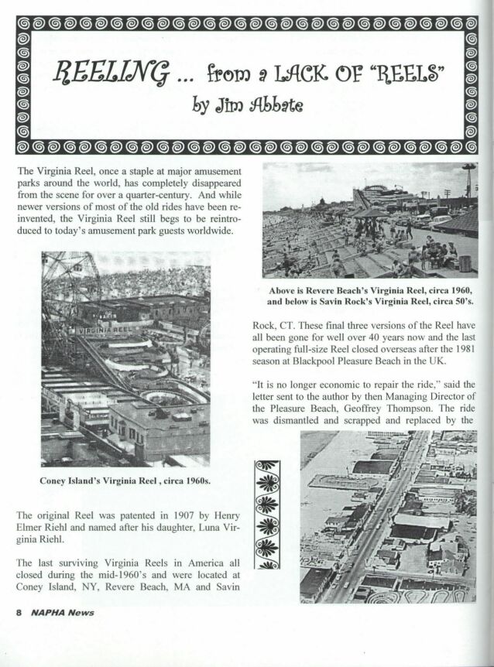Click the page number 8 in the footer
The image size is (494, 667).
pos(18,612)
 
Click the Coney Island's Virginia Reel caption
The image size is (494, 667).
pos(125,481)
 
